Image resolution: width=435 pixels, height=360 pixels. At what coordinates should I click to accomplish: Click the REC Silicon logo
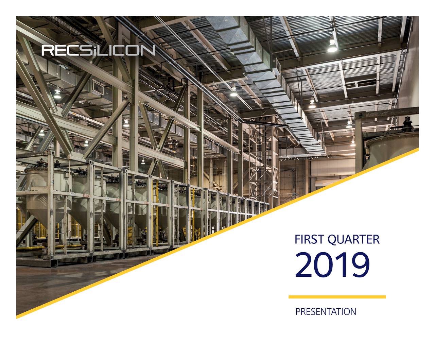click(98, 50)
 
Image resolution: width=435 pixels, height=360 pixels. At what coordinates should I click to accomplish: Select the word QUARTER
click(353, 240)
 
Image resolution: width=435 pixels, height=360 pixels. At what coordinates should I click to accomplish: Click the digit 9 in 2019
click(360, 264)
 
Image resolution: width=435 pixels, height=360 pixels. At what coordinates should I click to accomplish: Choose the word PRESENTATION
click(326, 312)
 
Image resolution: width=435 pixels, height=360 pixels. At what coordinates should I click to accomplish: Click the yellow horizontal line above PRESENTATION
click(337, 297)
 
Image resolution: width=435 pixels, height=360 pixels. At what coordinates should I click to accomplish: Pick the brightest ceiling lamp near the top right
click(332, 47)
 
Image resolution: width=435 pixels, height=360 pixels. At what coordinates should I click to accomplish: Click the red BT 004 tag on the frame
click(86, 196)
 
